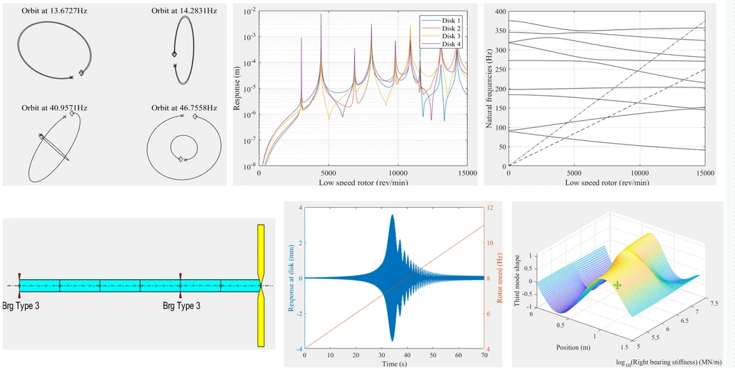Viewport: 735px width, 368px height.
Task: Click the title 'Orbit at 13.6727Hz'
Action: (52, 11)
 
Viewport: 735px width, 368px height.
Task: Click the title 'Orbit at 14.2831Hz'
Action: (184, 11)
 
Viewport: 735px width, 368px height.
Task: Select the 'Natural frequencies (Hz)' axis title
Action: (489, 88)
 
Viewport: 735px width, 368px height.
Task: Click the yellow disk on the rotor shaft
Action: (261, 285)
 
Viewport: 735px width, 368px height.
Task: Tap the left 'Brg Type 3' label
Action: (21, 306)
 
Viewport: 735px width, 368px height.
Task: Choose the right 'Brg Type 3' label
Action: (181, 306)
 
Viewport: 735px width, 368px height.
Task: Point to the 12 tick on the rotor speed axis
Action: (490, 208)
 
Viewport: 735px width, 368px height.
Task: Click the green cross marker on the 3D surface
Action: (618, 285)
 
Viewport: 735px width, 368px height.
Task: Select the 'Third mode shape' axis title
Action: (517, 281)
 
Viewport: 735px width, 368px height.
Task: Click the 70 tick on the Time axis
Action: (483, 356)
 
